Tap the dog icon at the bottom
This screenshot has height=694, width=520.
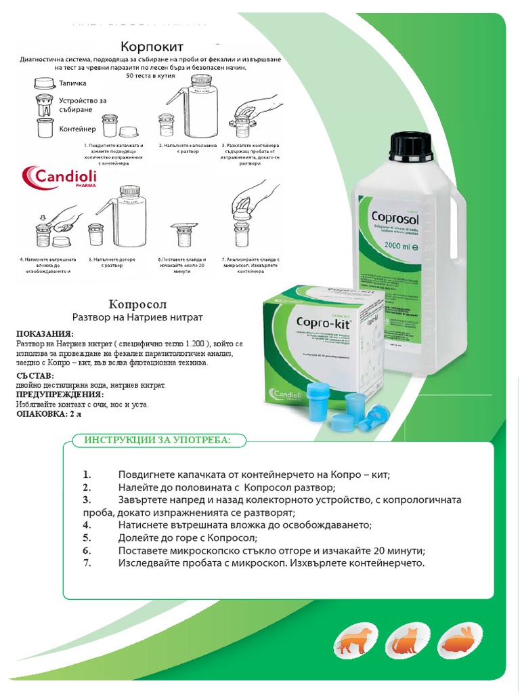click(355, 640)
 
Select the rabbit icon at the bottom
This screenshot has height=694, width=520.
click(456, 640)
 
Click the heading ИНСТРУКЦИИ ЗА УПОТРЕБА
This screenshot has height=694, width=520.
click(157, 441)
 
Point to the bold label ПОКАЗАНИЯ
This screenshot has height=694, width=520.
click(45, 334)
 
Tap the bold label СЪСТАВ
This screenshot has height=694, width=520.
click(35, 375)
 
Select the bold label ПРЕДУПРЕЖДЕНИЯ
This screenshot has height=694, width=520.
click(60, 394)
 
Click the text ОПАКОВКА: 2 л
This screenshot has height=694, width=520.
click(48, 414)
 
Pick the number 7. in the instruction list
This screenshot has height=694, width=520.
click(87, 563)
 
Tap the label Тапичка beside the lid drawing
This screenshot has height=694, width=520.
click(72, 84)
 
